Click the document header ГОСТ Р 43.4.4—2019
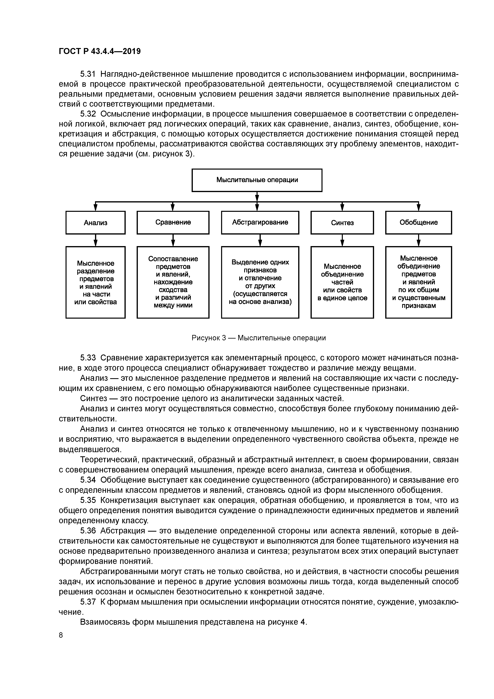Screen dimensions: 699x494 (100, 51)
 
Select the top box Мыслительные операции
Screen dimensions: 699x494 (257, 180)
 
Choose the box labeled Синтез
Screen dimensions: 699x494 (342, 223)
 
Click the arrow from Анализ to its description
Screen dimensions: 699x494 (96, 240)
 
